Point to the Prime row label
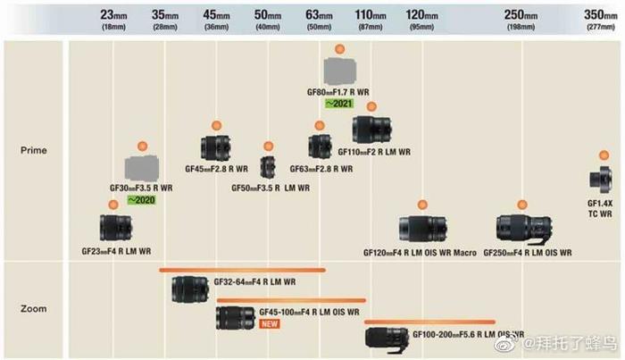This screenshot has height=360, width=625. tap(33, 150)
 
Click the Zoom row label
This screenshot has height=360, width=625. tap(33, 309)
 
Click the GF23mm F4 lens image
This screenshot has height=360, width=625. tap(115, 227)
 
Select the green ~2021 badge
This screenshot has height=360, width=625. tap(339, 104)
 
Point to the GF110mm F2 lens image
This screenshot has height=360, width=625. tap(371, 130)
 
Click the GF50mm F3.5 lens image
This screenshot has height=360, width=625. tap(268, 166)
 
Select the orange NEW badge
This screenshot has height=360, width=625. tap(270, 323)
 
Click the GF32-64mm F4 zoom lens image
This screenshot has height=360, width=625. tap(191, 289)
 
